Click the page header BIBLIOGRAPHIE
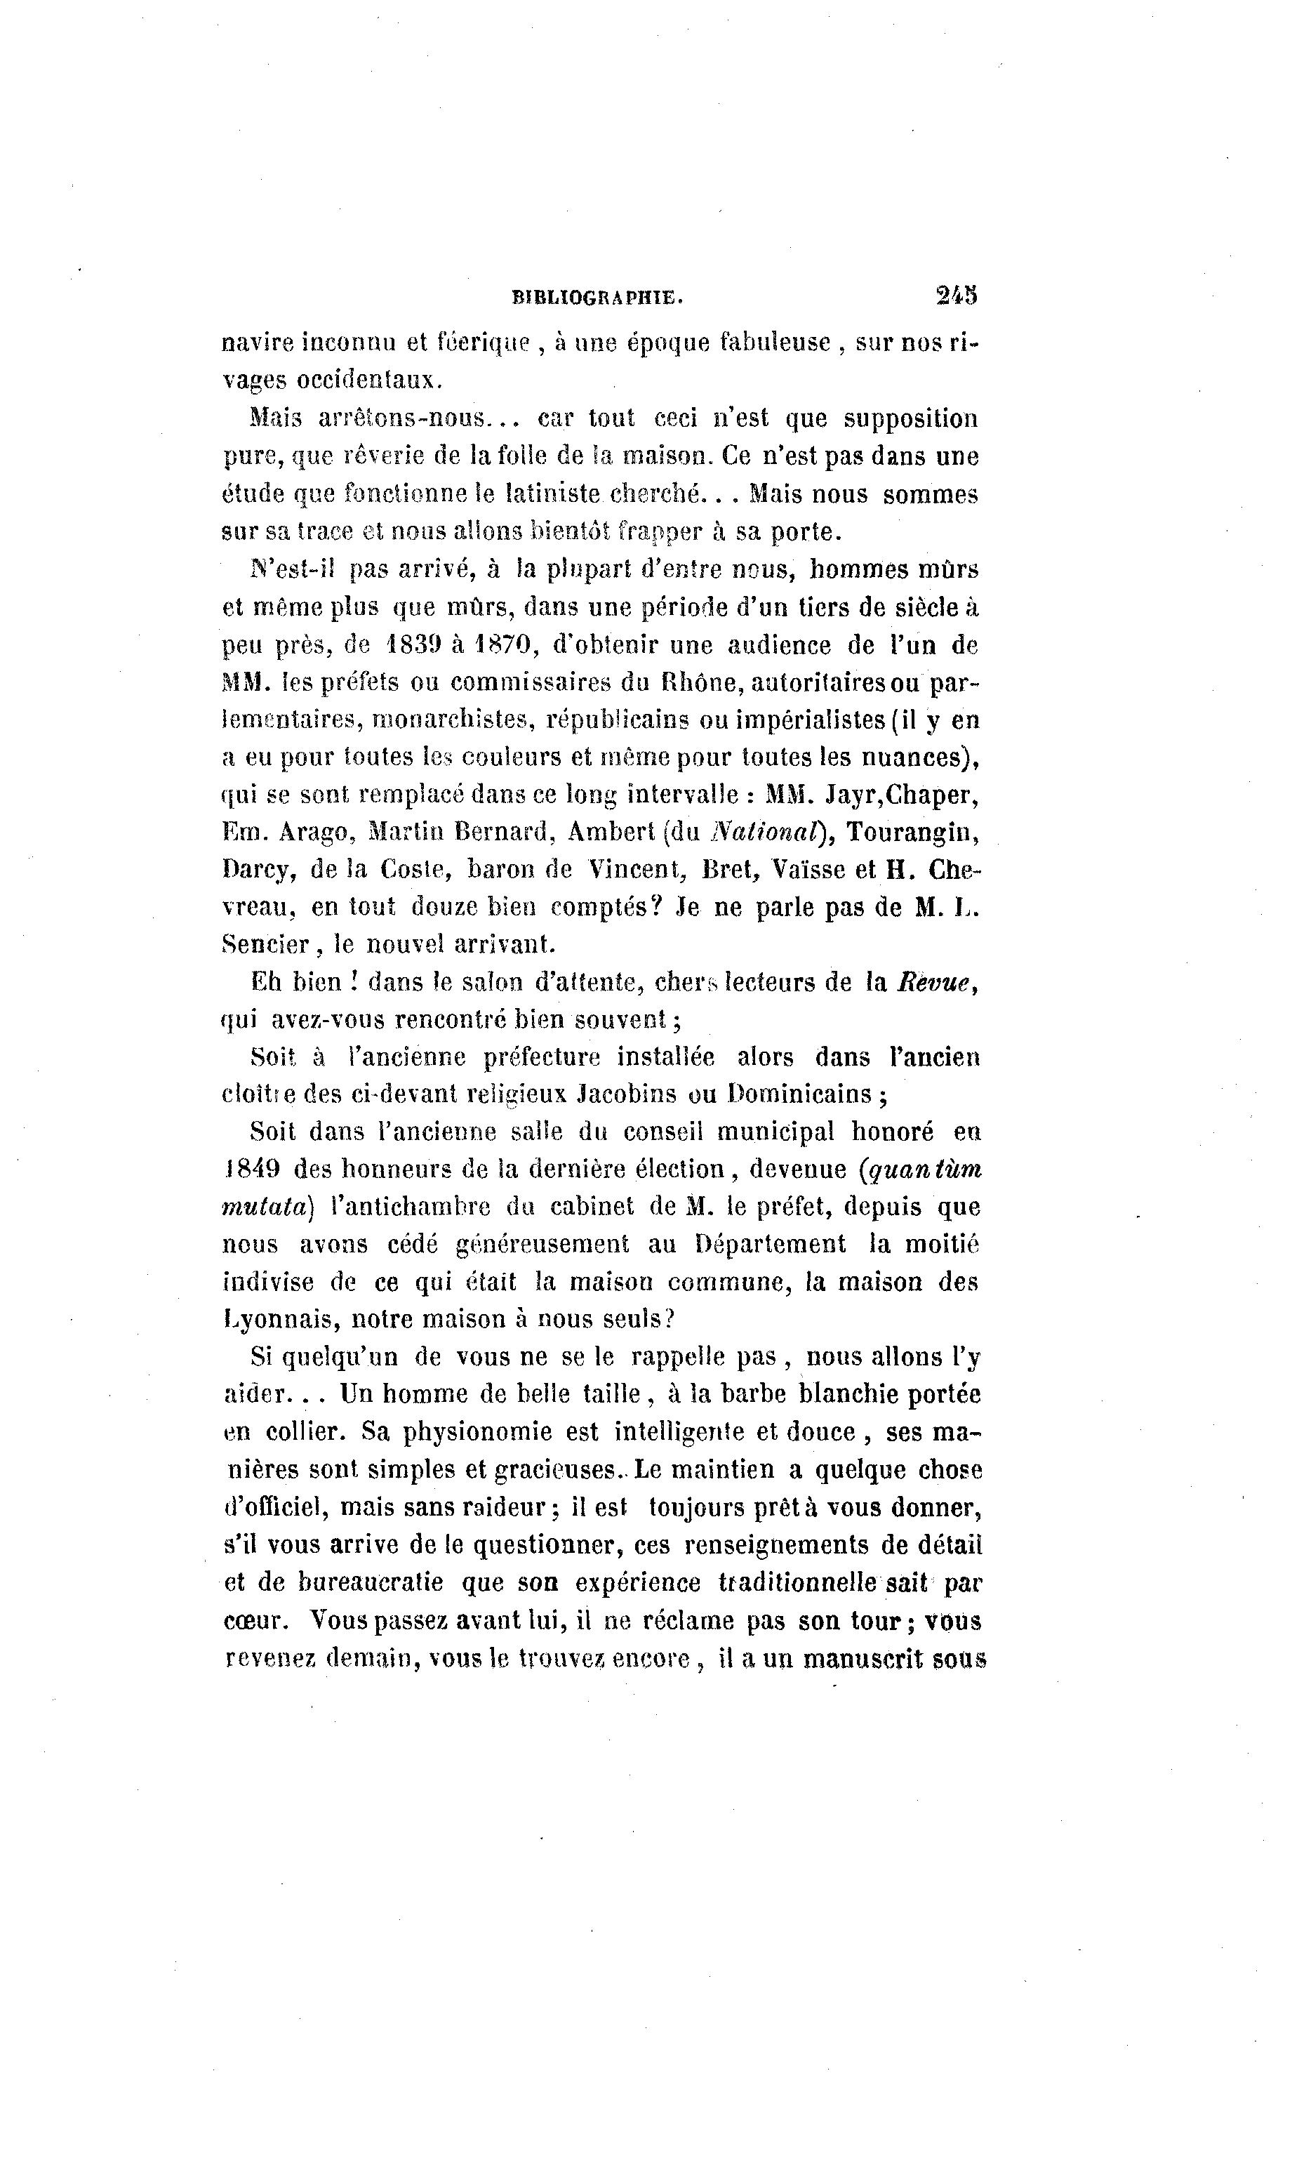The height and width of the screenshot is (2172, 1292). [x=597, y=298]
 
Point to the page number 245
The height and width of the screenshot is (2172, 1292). [x=957, y=296]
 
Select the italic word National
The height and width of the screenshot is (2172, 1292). [x=767, y=833]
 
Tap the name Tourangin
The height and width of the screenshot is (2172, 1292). [x=912, y=833]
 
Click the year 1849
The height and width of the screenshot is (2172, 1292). [x=252, y=1170]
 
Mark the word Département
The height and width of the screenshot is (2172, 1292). [x=770, y=1245]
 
